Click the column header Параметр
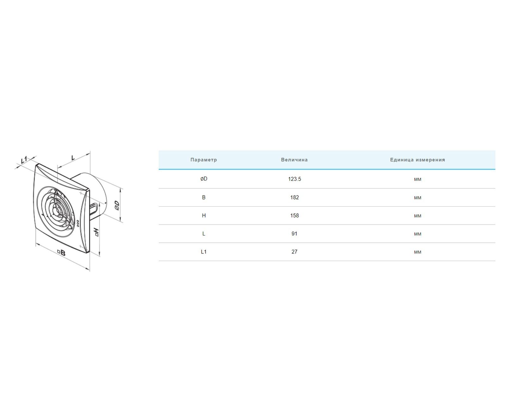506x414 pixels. coord(203,160)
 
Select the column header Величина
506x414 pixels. coord(294,160)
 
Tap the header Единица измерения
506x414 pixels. coord(417,160)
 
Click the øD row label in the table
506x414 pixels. coord(204,179)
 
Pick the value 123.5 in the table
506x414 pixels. coord(294,179)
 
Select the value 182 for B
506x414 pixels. coord(294,197)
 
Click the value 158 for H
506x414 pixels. coord(294,216)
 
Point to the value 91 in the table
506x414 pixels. coord(294,234)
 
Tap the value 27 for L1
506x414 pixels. coord(294,252)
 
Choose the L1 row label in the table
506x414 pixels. coord(204,252)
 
